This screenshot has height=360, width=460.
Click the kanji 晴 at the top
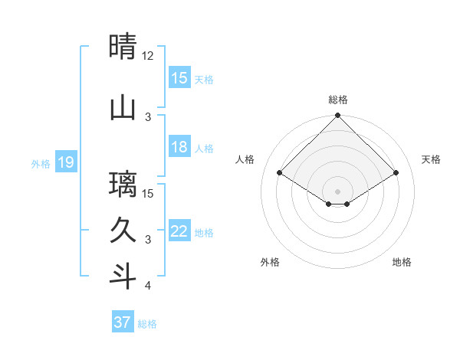click(x=123, y=46)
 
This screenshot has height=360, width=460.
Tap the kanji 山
click(x=123, y=107)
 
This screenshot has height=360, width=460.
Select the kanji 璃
click(x=123, y=184)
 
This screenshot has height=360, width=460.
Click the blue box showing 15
click(x=179, y=78)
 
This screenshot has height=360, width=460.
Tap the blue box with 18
click(x=179, y=147)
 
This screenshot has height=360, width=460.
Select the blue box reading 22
click(x=179, y=231)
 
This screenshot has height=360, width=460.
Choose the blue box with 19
click(x=65, y=162)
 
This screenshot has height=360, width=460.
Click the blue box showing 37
click(x=123, y=322)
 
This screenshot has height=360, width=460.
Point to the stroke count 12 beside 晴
click(x=148, y=56)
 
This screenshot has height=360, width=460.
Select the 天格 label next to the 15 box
click(x=204, y=79)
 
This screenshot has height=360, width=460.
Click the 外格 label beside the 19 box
click(x=41, y=163)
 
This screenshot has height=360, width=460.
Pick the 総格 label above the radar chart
click(x=338, y=100)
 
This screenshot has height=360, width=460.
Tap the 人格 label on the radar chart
click(x=245, y=159)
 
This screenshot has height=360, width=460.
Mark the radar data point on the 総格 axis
click(x=338, y=116)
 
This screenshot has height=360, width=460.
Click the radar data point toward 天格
click(x=396, y=173)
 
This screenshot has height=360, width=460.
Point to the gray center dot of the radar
click(x=338, y=191)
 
